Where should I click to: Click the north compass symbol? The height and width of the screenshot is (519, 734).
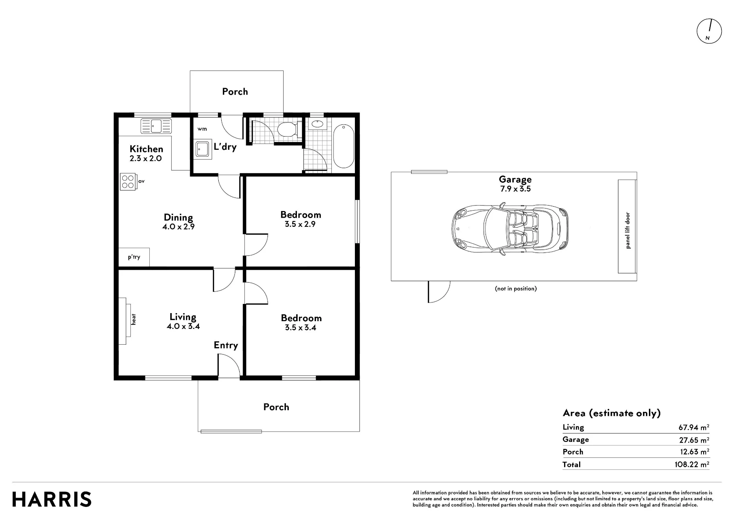click(x=709, y=31)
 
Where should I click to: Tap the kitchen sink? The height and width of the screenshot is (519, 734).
click(x=156, y=126)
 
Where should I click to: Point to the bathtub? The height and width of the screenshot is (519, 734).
click(x=344, y=146)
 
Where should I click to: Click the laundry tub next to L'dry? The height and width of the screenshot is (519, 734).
click(x=203, y=149)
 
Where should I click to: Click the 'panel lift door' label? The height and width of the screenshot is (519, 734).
click(x=628, y=231)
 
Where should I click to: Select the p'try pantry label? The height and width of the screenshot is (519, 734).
click(x=134, y=257)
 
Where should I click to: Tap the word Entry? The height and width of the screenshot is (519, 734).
click(x=226, y=345)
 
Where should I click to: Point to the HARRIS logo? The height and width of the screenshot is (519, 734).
click(x=52, y=500)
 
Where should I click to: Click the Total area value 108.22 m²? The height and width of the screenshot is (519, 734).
click(x=692, y=464)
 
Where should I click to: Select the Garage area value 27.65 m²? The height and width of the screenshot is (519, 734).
click(x=694, y=440)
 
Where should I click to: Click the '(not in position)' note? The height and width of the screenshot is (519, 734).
click(x=516, y=288)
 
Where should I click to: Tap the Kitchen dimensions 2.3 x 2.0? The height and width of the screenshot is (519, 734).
click(x=146, y=159)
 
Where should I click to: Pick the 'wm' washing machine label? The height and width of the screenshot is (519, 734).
click(x=202, y=129)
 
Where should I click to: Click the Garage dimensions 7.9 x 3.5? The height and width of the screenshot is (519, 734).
click(x=515, y=189)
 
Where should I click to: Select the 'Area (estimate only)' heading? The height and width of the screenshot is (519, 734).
click(x=612, y=413)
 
